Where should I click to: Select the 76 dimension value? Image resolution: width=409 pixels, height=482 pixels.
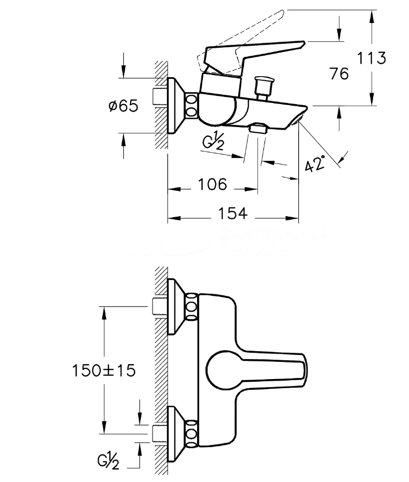[339, 73]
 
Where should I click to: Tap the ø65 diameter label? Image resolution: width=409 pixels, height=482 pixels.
[123, 106]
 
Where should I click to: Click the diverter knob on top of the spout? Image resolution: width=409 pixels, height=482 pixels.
[263, 85]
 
